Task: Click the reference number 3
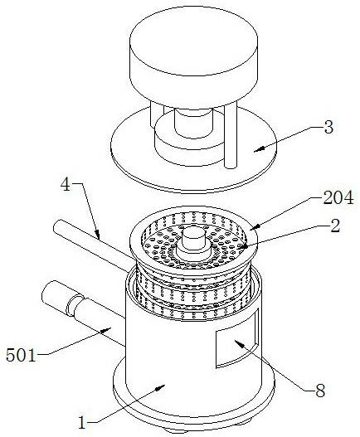[x=328, y=128]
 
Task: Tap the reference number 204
[x=338, y=198]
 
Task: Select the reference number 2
[x=335, y=226]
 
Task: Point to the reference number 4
[x=66, y=184]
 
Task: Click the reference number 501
[x=22, y=356]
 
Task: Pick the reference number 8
[x=320, y=391]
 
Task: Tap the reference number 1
[x=81, y=423]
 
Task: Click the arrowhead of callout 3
[x=258, y=149]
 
